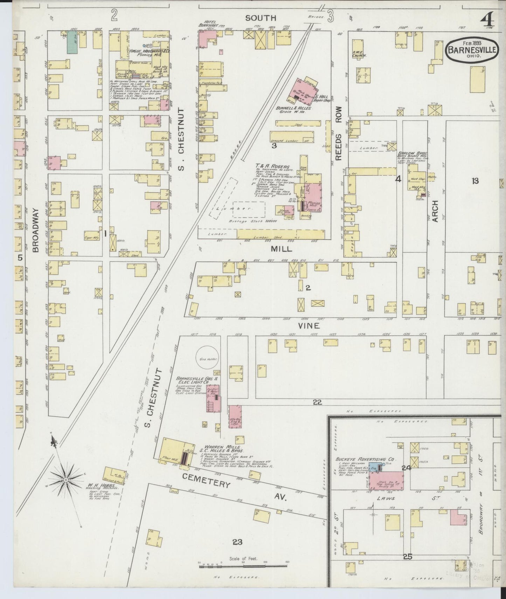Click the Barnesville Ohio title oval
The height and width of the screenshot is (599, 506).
point(472,50)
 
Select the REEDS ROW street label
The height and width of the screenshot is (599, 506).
point(339,138)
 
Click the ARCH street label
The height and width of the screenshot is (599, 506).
point(435,211)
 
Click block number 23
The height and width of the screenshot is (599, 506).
point(237,542)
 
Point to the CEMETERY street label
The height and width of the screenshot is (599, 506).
point(206,480)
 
